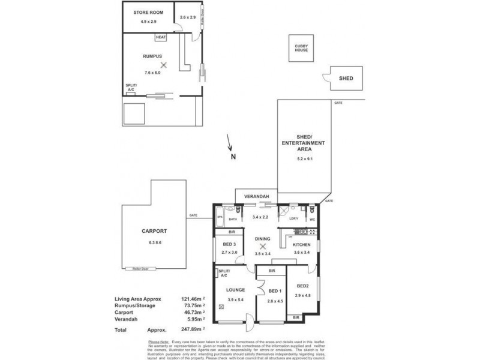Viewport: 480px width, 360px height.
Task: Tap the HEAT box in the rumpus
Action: pyautogui.click(x=160, y=38)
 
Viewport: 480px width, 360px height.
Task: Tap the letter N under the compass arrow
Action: pyautogui.click(x=232, y=157)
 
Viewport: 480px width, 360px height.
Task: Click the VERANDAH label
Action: pyautogui.click(x=256, y=196)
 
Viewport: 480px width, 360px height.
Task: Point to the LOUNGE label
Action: pyautogui.click(x=235, y=289)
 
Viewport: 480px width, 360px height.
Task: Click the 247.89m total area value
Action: pyautogui.click(x=188, y=329)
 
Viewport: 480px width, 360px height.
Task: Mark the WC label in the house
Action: pyautogui.click(x=313, y=220)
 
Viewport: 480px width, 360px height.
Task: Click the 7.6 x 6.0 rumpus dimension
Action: pyautogui.click(x=152, y=72)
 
